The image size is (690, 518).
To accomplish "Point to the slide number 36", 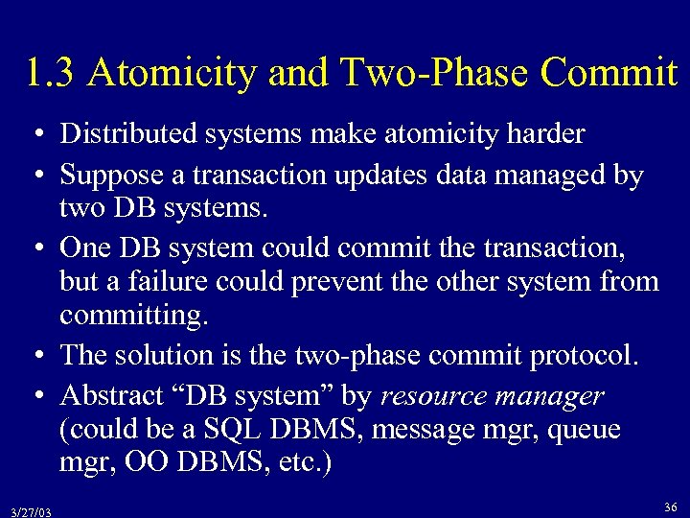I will [670, 506].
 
